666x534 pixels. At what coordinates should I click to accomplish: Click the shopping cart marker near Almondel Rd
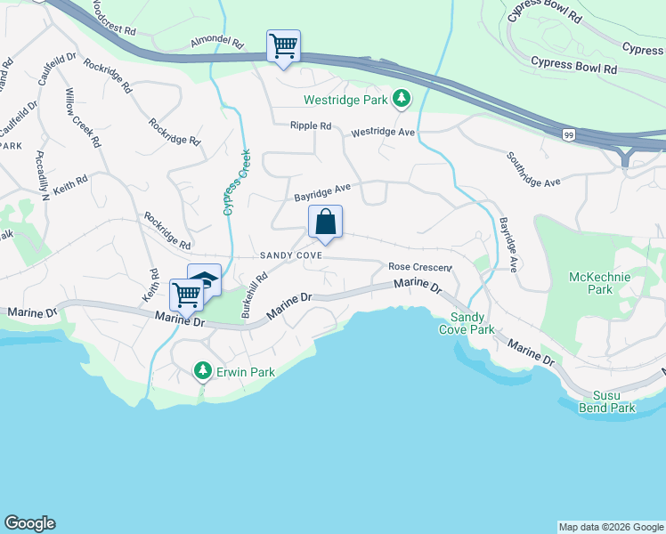click(x=283, y=45)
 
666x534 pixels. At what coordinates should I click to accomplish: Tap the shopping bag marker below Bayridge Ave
click(x=325, y=222)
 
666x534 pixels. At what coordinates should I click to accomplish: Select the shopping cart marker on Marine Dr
click(x=187, y=294)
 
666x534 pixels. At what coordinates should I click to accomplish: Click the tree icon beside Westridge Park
click(x=402, y=99)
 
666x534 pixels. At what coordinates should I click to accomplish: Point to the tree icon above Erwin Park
click(x=203, y=369)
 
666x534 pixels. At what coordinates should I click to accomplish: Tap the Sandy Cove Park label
click(x=472, y=323)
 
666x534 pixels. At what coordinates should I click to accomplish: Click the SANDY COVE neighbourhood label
click(x=290, y=255)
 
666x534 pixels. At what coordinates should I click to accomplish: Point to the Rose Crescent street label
click(x=420, y=267)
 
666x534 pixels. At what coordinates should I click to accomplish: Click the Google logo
click(x=30, y=523)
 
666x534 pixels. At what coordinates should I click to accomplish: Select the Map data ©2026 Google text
click(x=610, y=527)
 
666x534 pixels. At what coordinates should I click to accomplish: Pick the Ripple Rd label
click(x=310, y=126)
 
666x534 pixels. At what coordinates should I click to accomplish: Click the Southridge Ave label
click(x=533, y=169)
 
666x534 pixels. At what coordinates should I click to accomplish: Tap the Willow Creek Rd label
click(x=81, y=117)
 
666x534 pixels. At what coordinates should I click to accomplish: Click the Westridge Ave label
click(x=384, y=132)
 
